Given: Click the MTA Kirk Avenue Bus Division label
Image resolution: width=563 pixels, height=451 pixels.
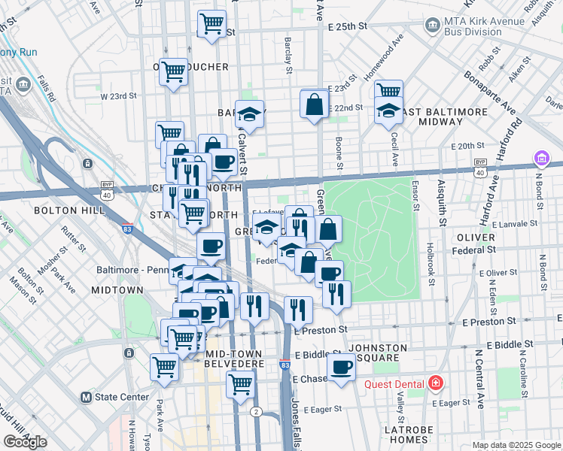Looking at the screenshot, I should click(484, 27).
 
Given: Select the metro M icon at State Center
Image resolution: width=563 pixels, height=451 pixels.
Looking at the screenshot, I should click(86, 397).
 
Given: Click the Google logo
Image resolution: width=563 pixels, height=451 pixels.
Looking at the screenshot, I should click(25, 442).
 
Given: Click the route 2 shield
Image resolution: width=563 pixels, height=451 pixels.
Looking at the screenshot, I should click(256, 411).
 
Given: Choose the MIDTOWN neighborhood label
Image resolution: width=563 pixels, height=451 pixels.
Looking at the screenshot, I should click(117, 289).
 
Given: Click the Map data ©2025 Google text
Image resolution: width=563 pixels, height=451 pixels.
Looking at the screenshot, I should click(516, 445).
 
